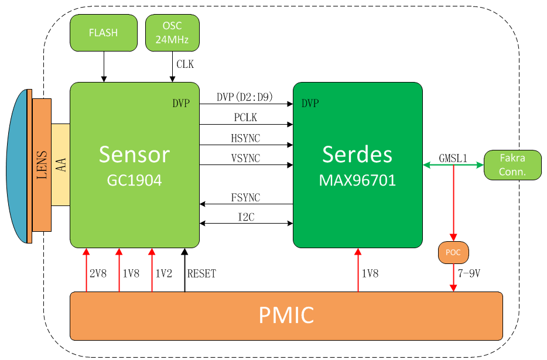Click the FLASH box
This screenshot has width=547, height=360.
[x=104, y=33]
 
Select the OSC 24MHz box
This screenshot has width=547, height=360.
[x=172, y=33]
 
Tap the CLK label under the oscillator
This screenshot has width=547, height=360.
[x=185, y=64]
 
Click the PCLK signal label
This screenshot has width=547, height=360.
[x=245, y=117]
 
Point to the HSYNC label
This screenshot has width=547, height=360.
[x=245, y=138]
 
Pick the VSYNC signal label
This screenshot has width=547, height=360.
[x=245, y=159]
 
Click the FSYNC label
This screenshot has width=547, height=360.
[x=245, y=197]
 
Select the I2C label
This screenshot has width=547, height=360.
[x=247, y=217]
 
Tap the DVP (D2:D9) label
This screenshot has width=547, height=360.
[x=245, y=97]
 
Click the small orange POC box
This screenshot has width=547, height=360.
[x=453, y=252]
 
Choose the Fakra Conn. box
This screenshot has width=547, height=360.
[x=512, y=165]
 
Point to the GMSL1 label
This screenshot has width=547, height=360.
[x=453, y=159]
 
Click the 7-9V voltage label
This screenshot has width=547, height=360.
[x=469, y=273]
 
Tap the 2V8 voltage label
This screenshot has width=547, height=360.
[x=98, y=273]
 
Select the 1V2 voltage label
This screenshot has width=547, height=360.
[x=163, y=273]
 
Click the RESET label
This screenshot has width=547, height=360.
[x=201, y=273]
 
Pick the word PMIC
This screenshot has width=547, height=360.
[x=286, y=315]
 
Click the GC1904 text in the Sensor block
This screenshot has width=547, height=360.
[x=134, y=180]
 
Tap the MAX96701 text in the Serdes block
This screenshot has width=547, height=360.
[x=357, y=180]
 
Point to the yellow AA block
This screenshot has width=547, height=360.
[x=61, y=164]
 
